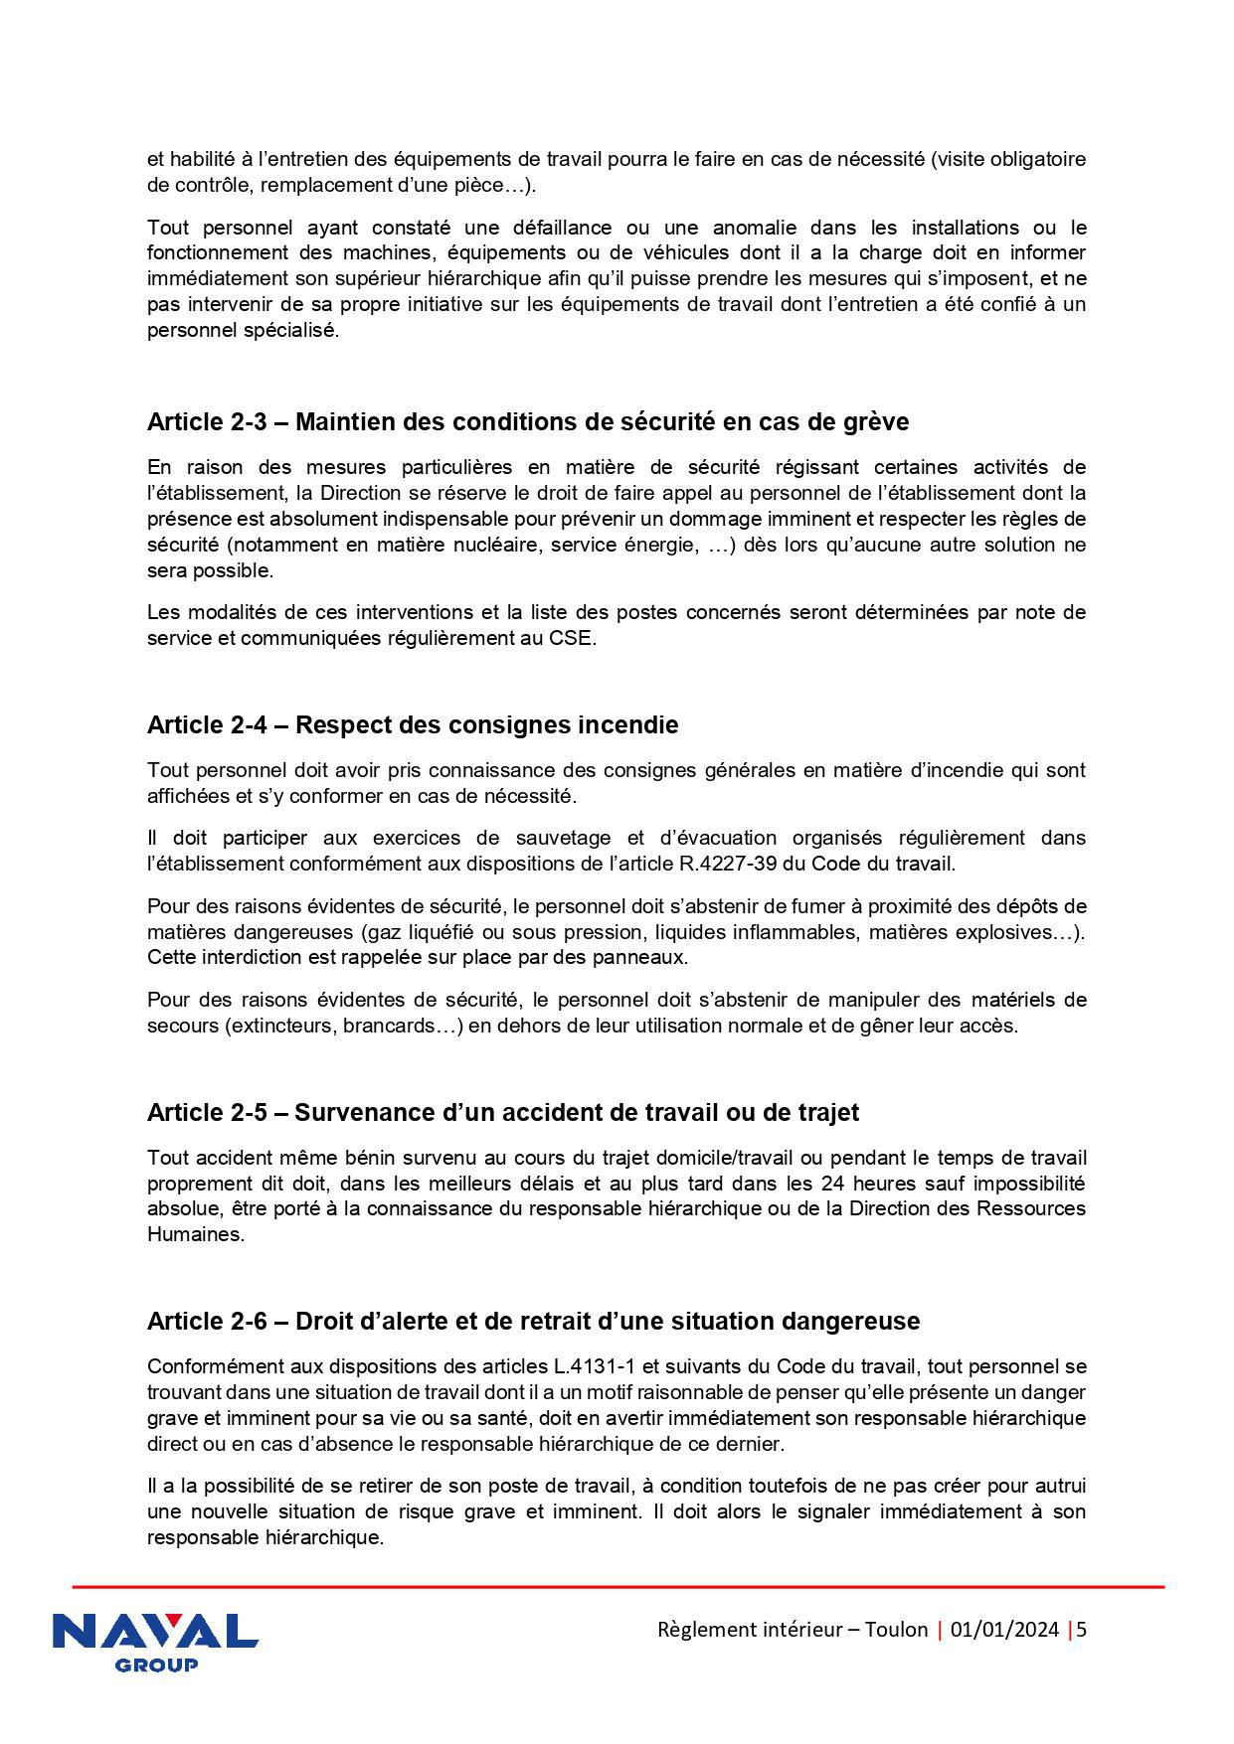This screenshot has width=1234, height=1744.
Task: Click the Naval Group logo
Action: pyautogui.click(x=154, y=1641)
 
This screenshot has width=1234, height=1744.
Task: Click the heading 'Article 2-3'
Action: pyautogui.click(x=527, y=421)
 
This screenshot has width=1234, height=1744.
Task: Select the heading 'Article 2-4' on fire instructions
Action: pyautogui.click(x=412, y=724)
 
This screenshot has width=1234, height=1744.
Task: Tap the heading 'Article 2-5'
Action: pyautogui.click(x=502, y=1112)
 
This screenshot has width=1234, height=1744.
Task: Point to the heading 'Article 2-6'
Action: pyautogui.click(x=533, y=1321)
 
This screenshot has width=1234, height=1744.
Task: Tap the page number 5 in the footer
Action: pyautogui.click(x=1082, y=1630)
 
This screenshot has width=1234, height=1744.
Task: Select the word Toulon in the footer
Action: pyautogui.click(x=896, y=1630)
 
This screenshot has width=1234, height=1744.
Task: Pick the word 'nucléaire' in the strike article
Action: pyautogui.click(x=501, y=545)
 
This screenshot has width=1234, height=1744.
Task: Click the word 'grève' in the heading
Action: pyautogui.click(x=876, y=421)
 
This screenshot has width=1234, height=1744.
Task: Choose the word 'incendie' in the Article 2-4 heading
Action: pyautogui.click(x=627, y=724)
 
